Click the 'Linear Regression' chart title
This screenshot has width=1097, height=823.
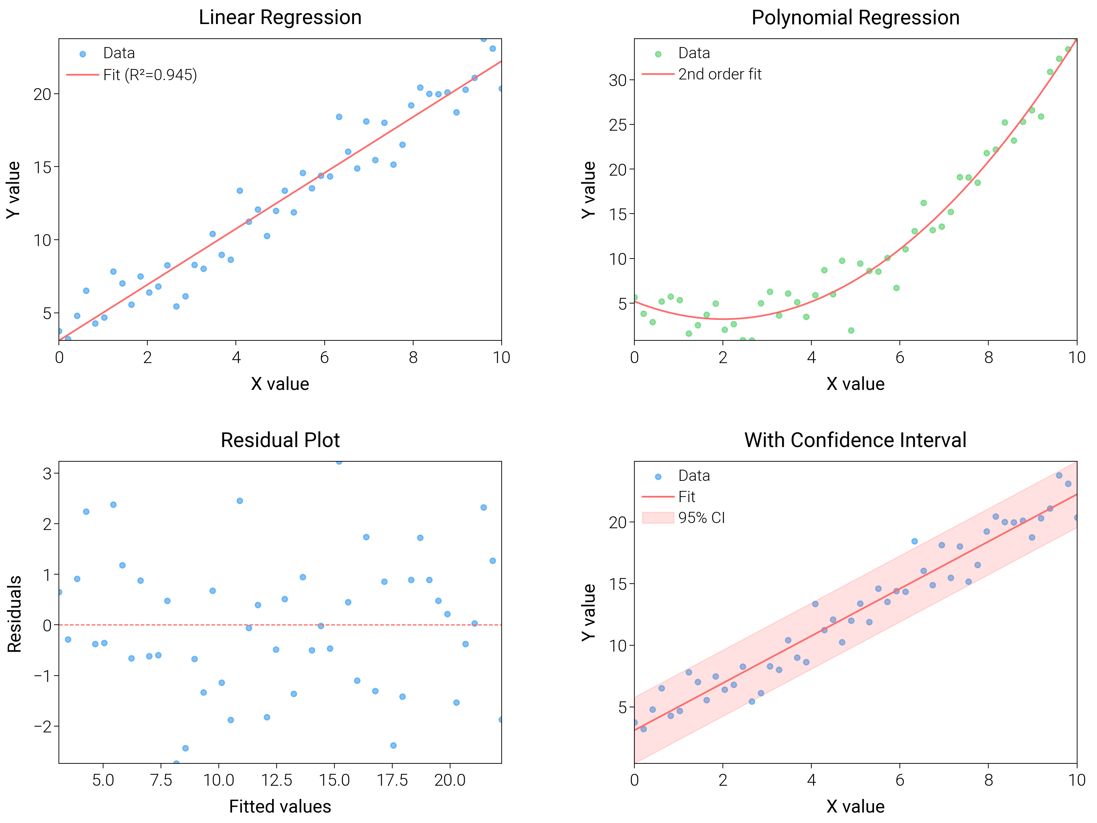pyautogui.click(x=280, y=18)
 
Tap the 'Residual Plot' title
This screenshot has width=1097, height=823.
pyautogui.click(x=280, y=440)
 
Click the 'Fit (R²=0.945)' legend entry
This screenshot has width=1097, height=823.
pyautogui.click(x=150, y=75)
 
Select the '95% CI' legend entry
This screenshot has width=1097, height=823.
pyautogui.click(x=701, y=518)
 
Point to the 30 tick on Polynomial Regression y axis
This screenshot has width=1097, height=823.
pyautogui.click(x=618, y=80)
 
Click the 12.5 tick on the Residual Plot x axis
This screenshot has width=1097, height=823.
pyautogui.click(x=276, y=780)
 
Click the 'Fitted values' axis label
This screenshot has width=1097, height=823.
pyautogui.click(x=280, y=807)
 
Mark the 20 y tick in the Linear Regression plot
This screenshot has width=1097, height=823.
pyautogui.click(x=43, y=94)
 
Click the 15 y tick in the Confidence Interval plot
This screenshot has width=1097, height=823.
pyautogui.click(x=618, y=584)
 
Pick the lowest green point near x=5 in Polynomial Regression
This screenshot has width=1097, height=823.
pyautogui.click(x=851, y=330)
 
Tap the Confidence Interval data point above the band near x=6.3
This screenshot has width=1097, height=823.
pyautogui.click(x=914, y=541)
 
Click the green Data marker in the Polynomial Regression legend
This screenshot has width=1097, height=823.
pyautogui.click(x=658, y=54)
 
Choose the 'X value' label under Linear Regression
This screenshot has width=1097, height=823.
pyautogui.click(x=280, y=384)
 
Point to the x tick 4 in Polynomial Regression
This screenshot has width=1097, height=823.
pyautogui.click(x=811, y=358)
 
